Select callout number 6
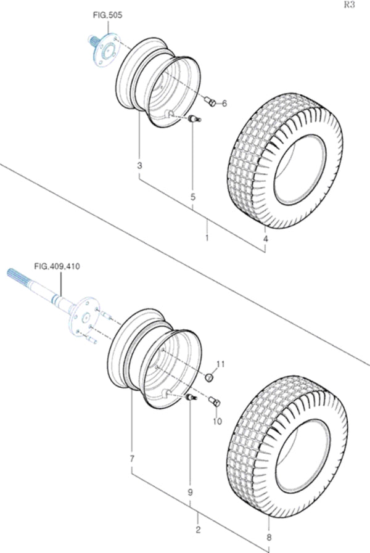coord(224,104)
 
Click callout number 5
coord(192,197)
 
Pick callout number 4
coord(266,239)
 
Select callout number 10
coord(217,422)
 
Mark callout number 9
coord(190,492)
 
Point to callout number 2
coord(197,530)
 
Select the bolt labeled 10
coord(215,403)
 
